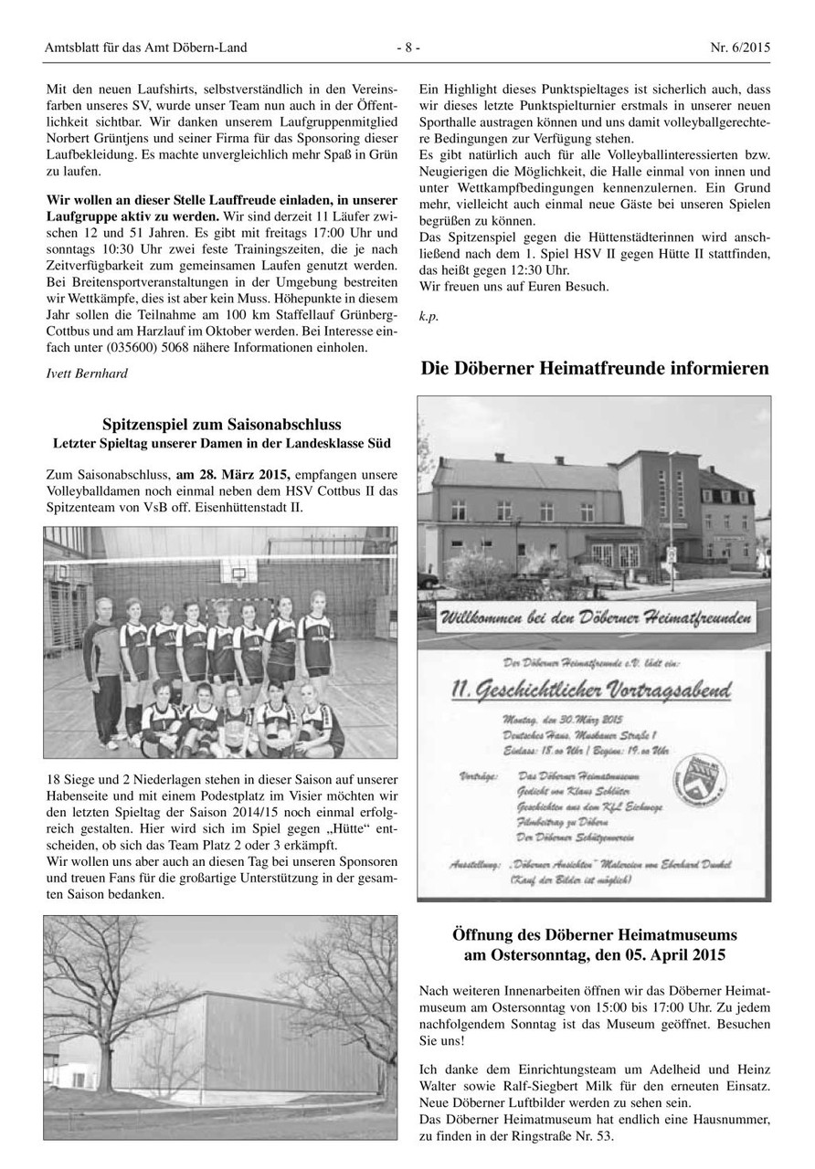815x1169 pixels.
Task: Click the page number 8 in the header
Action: click(408, 47)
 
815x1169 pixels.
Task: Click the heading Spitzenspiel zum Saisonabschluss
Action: click(222, 425)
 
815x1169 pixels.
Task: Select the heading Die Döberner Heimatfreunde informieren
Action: click(595, 369)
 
